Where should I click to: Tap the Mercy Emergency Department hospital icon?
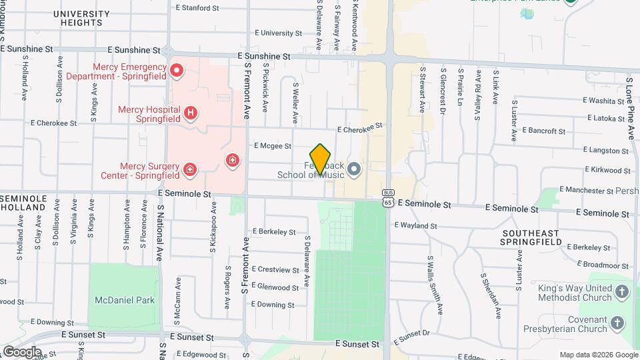click(177, 70)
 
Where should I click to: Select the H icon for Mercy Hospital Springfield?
click(191, 113)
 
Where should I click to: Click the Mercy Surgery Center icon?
click(190, 170)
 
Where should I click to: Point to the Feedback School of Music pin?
click(354, 170)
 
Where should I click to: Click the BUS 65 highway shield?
click(387, 197)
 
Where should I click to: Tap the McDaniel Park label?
click(125, 300)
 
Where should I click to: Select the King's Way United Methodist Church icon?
click(621, 292)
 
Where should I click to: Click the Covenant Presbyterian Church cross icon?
click(617, 323)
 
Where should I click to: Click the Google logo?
click(21, 351)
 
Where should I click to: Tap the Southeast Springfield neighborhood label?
click(531, 238)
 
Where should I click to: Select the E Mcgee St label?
click(273, 145)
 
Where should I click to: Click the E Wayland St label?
click(415, 226)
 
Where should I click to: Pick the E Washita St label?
click(602, 101)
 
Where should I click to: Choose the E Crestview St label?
click(275, 270)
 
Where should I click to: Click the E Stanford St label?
click(197, 8)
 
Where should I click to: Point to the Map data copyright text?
click(597, 355)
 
